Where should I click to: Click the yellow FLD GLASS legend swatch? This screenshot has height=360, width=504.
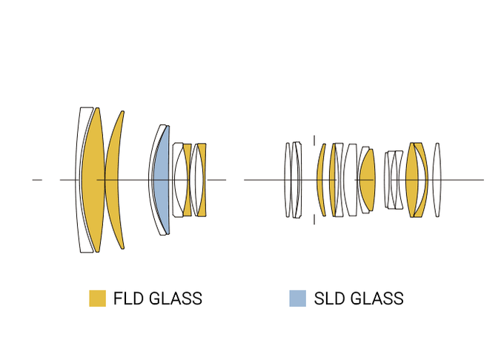97,299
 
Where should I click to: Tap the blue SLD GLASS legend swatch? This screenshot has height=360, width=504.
297,299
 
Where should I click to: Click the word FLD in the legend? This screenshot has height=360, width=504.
128,299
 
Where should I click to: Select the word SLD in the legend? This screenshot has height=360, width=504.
329,299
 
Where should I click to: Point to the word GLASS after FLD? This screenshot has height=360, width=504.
176,299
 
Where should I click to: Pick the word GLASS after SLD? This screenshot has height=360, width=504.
377,299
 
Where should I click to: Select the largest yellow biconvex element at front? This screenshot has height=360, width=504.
92,180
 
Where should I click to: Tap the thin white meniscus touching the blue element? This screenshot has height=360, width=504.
154,180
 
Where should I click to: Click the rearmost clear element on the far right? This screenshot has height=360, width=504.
437,180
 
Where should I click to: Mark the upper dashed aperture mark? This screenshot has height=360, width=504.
314,141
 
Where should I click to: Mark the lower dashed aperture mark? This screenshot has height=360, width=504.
314,219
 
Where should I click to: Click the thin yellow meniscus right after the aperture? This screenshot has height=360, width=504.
322,180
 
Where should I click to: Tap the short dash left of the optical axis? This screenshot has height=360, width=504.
37,180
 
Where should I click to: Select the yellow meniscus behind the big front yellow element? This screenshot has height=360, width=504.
114,180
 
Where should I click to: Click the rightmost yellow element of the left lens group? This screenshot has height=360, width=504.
202,180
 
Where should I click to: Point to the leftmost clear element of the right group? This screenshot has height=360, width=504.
288,180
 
